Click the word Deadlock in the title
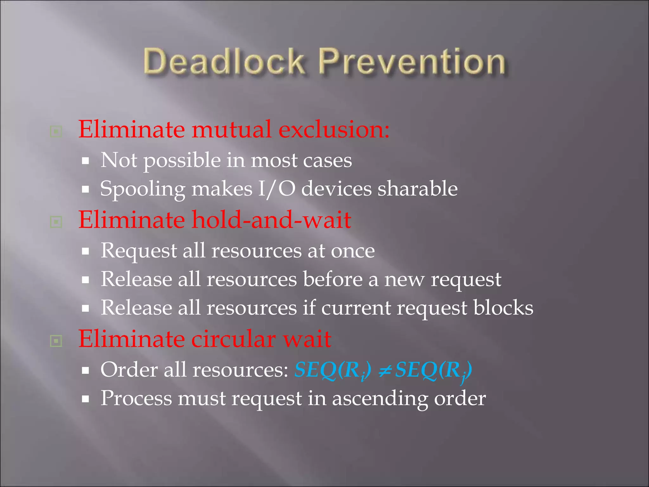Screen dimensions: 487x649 click(x=224, y=61)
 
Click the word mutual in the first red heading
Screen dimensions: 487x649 click(x=231, y=130)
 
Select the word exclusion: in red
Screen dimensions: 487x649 click(x=334, y=130)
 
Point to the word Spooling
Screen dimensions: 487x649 click(x=143, y=189)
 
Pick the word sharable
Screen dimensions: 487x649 click(x=417, y=189)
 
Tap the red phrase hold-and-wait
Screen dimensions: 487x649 click(x=272, y=220)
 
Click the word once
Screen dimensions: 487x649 click(x=353, y=251)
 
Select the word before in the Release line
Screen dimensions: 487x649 click(x=332, y=279)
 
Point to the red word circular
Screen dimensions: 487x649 click(x=234, y=339)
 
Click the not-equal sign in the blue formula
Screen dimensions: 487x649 click(x=384, y=370)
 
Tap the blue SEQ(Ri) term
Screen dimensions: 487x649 click(x=333, y=370)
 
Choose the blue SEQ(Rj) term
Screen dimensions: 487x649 click(x=434, y=370)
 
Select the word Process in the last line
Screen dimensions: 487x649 click(x=136, y=398)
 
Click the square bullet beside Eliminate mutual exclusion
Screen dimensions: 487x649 click(x=56, y=131)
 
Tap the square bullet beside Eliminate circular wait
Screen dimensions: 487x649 click(x=56, y=341)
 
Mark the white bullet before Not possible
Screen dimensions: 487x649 click(x=85, y=161)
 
